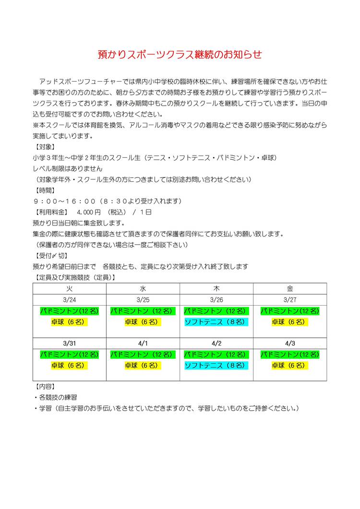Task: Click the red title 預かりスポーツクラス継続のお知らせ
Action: [180, 55]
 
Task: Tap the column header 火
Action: [70, 289]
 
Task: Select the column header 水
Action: [143, 289]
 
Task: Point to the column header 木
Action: [216, 289]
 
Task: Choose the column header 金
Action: [290, 289]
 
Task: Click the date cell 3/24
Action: [70, 300]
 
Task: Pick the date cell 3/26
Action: [216, 300]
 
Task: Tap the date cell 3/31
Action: [70, 343]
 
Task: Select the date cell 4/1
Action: [143, 343]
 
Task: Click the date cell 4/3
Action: [290, 343]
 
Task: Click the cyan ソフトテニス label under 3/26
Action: [216, 322]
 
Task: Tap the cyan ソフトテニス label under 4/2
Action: [216, 366]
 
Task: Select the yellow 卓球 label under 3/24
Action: [70, 322]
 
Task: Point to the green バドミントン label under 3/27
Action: [290, 311]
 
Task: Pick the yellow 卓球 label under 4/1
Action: [143, 366]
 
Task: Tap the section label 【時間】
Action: [46, 190]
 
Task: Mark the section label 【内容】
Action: [46, 386]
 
